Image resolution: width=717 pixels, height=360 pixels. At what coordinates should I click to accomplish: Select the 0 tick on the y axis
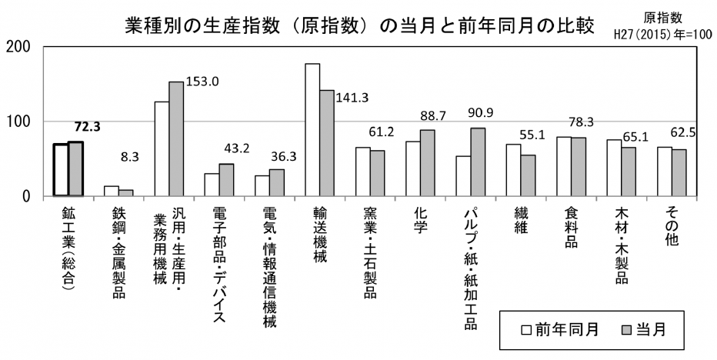tap(26, 196)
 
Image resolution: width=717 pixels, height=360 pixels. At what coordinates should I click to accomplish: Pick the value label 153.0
tap(203, 81)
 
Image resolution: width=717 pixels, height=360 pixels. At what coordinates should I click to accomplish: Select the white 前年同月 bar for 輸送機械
tap(312, 130)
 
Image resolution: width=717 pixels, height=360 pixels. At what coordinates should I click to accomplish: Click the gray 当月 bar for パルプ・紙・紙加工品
tap(478, 162)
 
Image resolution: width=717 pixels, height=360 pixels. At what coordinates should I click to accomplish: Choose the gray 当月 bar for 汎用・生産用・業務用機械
tap(176, 138)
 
